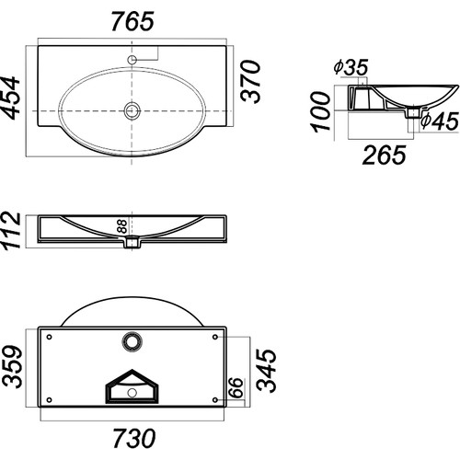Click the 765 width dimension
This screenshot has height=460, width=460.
(132, 21)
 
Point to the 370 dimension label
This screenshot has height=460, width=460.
(250, 81)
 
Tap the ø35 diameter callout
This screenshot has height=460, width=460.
(351, 67)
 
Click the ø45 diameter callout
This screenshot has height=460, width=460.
(440, 121)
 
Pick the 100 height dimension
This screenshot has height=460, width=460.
(321, 111)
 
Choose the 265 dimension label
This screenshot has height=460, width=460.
(384, 155)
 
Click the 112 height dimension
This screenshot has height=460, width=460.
(11, 230)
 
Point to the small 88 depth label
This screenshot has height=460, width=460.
(122, 226)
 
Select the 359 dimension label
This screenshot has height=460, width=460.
(12, 367)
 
